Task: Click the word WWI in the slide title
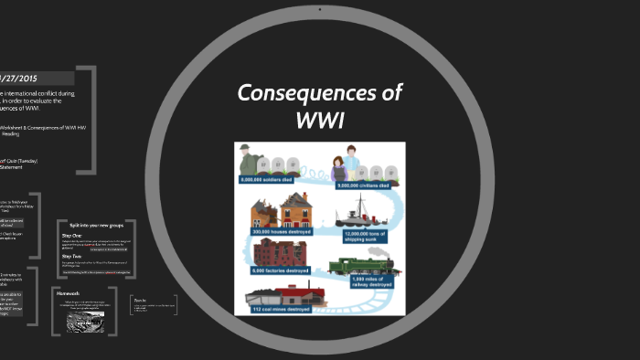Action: (319, 119)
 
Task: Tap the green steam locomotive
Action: (361, 266)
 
